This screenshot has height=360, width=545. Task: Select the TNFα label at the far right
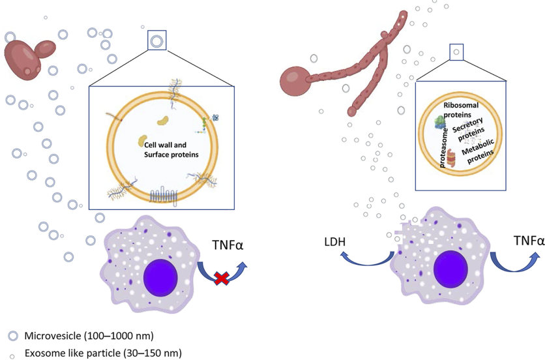(x=527, y=241)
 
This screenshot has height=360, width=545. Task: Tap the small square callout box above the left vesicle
(x=156, y=41)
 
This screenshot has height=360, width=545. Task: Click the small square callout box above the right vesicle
(x=456, y=50)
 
